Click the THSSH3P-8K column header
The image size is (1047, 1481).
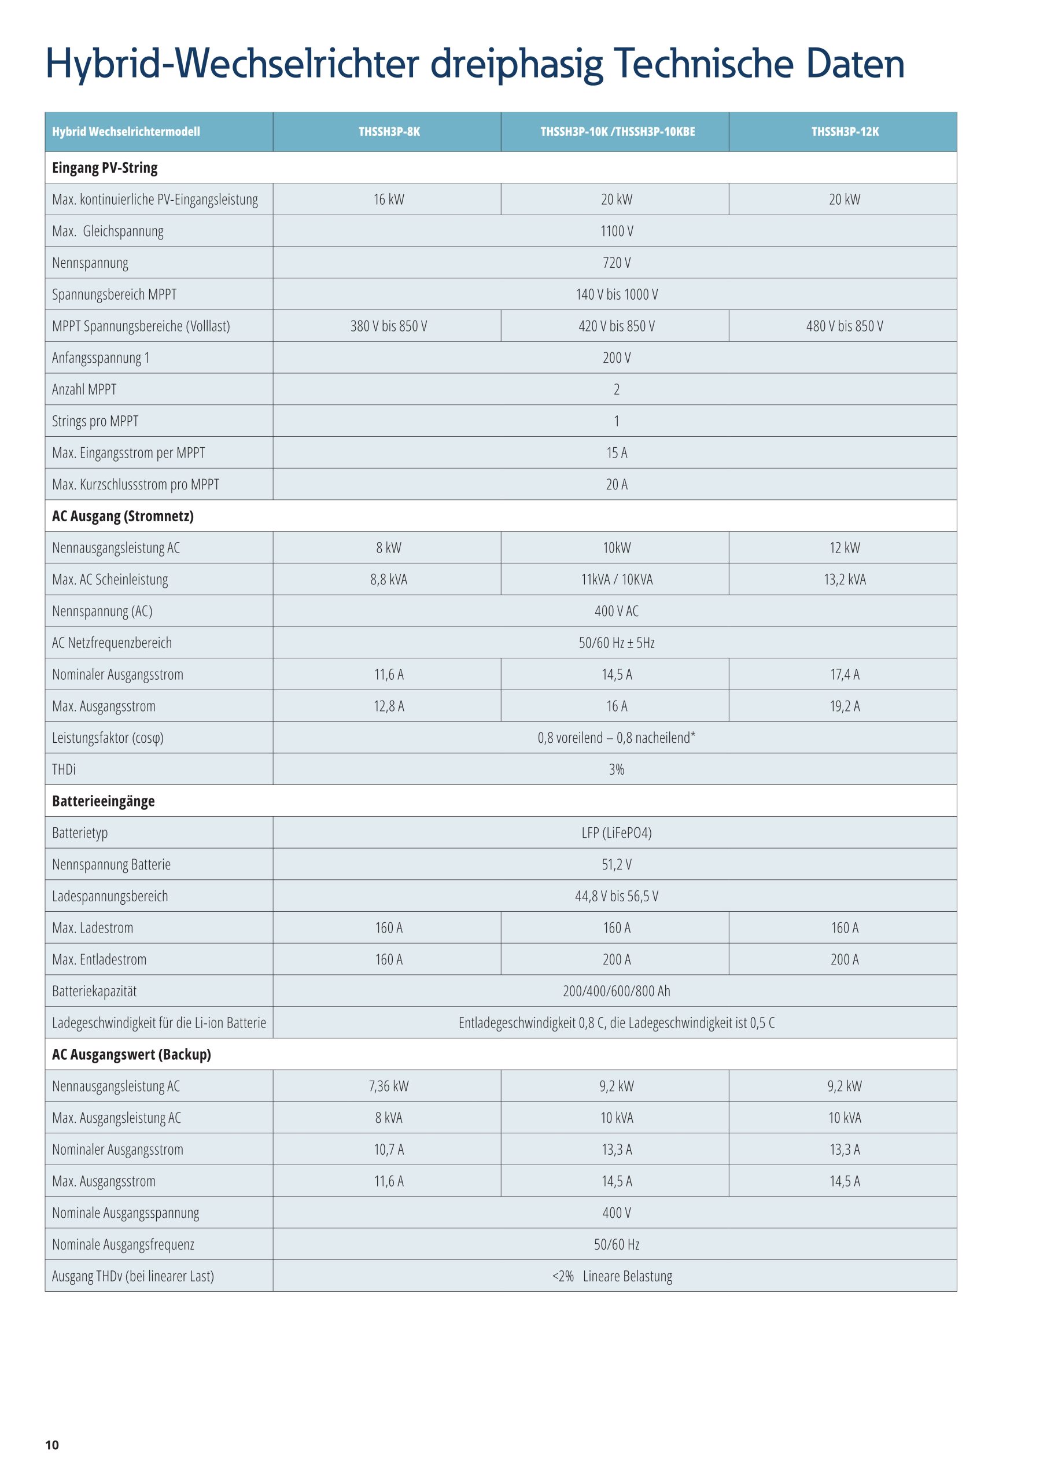point(389,131)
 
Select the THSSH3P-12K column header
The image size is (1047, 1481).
point(845,131)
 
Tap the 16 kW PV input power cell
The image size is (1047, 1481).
point(389,200)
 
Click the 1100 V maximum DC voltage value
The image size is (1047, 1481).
point(617,231)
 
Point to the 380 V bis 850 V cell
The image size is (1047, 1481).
point(389,326)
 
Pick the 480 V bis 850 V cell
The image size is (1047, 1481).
point(845,326)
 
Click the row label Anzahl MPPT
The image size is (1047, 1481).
point(84,389)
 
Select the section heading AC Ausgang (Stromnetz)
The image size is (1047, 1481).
point(123,516)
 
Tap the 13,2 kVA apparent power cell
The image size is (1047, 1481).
point(845,579)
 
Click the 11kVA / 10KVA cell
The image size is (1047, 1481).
point(617,579)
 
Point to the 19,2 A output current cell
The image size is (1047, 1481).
point(845,706)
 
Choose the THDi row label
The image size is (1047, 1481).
point(64,769)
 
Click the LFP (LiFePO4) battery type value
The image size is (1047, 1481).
point(617,832)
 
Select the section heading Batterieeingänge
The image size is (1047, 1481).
point(103,801)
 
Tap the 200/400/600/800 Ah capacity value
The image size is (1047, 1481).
point(617,991)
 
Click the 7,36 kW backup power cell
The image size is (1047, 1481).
point(389,1086)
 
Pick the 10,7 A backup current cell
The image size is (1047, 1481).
point(389,1150)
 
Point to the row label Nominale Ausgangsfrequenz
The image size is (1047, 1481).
point(123,1244)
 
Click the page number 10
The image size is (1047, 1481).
point(52,1445)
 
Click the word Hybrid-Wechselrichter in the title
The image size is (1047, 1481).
point(232,64)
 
